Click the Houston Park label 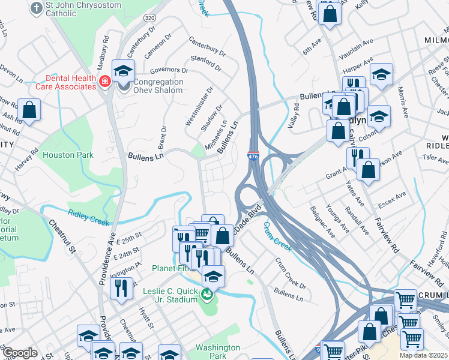[x=68, y=155]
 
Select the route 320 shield [x=149, y=19]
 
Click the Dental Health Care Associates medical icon [x=104, y=80]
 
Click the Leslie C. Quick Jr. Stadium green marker [x=207, y=295]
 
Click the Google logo [x=20, y=353]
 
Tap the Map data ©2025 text [x=423, y=355]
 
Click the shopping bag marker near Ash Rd [x=29, y=110]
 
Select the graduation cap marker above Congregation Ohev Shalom [x=123, y=71]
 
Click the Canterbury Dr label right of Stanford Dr [x=207, y=48]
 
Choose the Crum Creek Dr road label [x=291, y=272]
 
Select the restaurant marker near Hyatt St [x=122, y=289]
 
